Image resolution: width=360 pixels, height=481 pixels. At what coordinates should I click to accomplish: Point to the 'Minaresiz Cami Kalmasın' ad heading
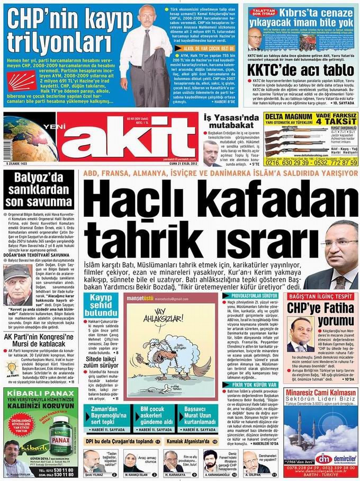pos(322,393)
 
